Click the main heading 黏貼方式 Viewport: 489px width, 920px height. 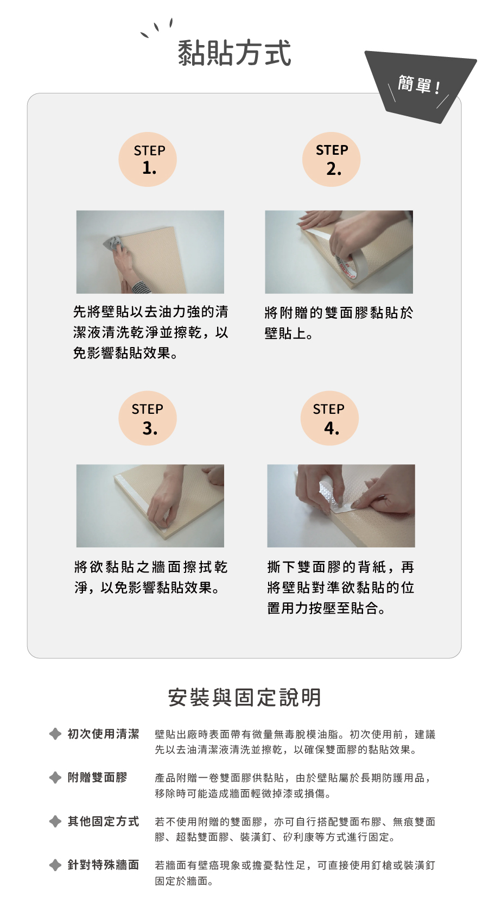[x=234, y=53]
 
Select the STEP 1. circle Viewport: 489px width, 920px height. [x=148, y=159]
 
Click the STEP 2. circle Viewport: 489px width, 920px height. [x=332, y=159]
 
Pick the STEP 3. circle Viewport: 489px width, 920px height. [x=148, y=418]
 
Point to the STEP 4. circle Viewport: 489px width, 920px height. [x=329, y=418]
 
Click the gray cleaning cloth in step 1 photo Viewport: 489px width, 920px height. [x=112, y=243]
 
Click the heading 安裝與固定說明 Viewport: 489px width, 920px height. [x=244, y=697]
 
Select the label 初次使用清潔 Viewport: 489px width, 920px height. [x=104, y=734]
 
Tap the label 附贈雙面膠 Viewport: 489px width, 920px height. [x=97, y=778]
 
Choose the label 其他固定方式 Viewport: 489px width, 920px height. [x=104, y=821]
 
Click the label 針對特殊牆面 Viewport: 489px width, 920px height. [x=104, y=865]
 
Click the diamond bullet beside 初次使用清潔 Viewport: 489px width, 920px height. [x=55, y=734]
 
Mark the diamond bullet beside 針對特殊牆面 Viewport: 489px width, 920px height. [x=55, y=865]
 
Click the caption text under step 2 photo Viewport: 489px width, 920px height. [x=339, y=323]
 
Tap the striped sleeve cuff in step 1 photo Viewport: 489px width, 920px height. [x=141, y=287]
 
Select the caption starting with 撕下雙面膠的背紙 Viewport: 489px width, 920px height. [x=341, y=587]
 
